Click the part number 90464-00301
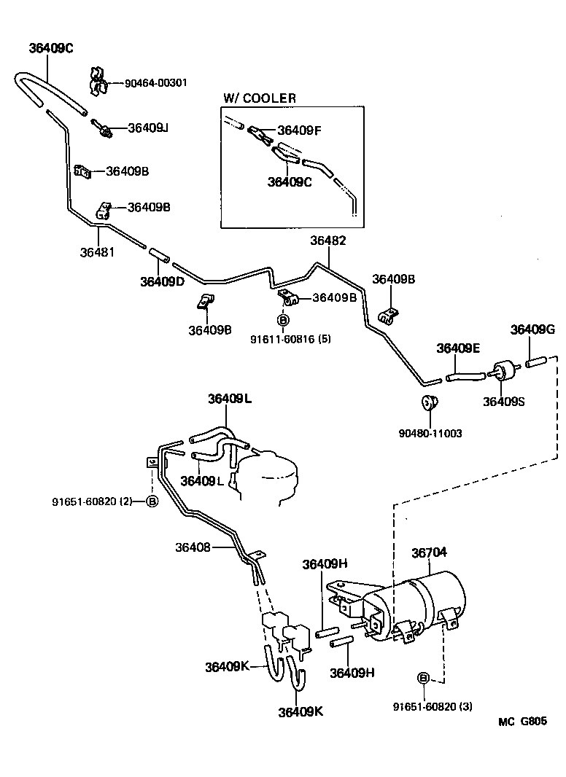[x=155, y=83]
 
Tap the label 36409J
[x=148, y=128]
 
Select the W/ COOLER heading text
[x=260, y=98]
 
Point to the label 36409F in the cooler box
[x=299, y=130]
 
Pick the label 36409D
[x=163, y=281]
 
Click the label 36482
[x=327, y=241]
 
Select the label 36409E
[x=458, y=348]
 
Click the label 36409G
[x=532, y=329]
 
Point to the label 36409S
[x=503, y=400]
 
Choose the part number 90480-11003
[x=430, y=433]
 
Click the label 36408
[x=193, y=546]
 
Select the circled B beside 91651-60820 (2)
[x=152, y=501]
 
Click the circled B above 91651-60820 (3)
[x=423, y=679]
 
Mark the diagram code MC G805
[x=522, y=722]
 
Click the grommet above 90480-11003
[x=429, y=400]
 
